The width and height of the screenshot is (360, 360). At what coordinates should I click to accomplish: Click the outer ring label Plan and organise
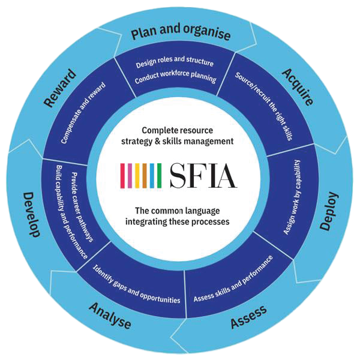click(x=180, y=34)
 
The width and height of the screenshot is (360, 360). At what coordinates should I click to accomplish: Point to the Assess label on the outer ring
click(x=249, y=317)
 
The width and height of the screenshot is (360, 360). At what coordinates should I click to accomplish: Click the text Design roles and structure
click(x=175, y=62)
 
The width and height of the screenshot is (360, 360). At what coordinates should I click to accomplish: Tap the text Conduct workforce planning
click(x=175, y=79)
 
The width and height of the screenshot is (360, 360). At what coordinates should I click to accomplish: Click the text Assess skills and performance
click(x=233, y=278)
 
